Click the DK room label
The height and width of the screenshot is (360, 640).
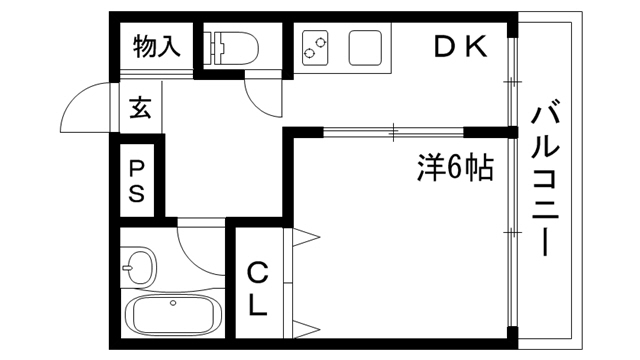[460, 46]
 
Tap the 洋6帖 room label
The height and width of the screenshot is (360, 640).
[455, 167]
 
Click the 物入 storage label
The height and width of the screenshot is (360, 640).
[157, 46]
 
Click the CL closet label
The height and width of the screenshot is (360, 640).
[257, 288]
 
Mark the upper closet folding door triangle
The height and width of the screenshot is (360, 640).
[307, 237]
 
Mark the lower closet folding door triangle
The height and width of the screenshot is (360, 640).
[307, 327]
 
